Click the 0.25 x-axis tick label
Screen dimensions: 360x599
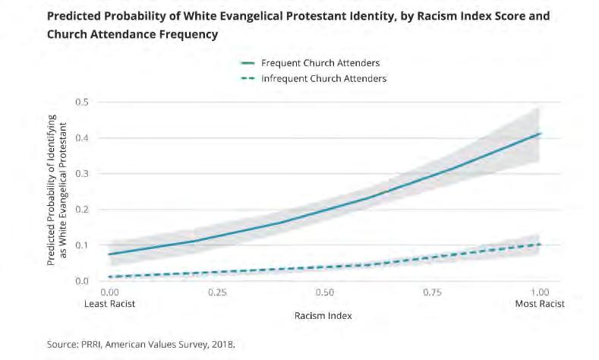click(217, 292)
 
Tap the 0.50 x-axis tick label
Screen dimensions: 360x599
click(324, 292)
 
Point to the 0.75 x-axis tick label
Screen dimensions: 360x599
click(432, 292)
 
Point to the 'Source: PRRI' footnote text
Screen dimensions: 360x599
click(141, 345)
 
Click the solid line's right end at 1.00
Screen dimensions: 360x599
click(540, 134)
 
